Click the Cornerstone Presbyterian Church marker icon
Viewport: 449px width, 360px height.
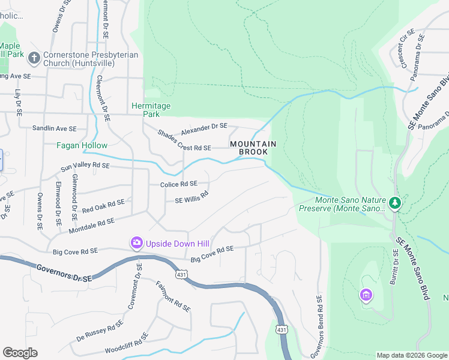point(34,58)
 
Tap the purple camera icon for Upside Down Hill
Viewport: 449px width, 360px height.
point(136,243)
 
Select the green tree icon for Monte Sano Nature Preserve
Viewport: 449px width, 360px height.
point(394,203)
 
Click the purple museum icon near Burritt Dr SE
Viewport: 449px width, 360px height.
point(365,295)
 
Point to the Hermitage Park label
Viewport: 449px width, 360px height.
point(151,110)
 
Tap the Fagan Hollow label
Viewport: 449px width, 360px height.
point(82,145)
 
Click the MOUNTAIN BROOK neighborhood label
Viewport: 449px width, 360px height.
point(253,148)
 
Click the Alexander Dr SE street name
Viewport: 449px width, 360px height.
point(204,127)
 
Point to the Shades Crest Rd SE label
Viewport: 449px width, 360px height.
point(184,140)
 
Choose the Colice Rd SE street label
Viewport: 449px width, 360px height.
point(178,184)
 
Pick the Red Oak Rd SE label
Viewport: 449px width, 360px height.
point(103,206)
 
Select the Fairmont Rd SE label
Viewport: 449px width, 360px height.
point(173,296)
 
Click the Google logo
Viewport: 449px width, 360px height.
point(20,353)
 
